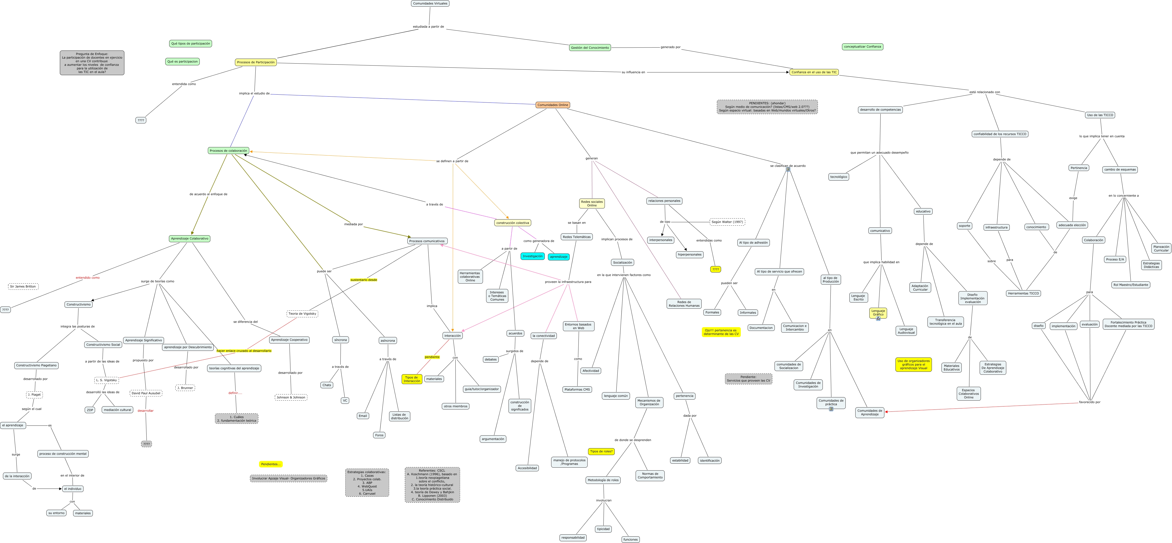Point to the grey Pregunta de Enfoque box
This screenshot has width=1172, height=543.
[x=92, y=63]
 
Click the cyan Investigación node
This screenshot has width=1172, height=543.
[x=532, y=256]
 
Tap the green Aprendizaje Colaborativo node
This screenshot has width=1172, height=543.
[x=190, y=238]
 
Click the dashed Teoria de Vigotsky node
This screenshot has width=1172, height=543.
[x=302, y=314]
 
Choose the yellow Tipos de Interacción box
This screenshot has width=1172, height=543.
[x=412, y=379]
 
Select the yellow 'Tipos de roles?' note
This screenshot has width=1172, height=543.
[x=601, y=452]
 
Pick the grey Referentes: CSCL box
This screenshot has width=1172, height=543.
[x=432, y=485]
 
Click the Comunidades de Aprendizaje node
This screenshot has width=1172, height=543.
[x=869, y=412]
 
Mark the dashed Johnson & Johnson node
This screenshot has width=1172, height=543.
[x=291, y=397]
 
